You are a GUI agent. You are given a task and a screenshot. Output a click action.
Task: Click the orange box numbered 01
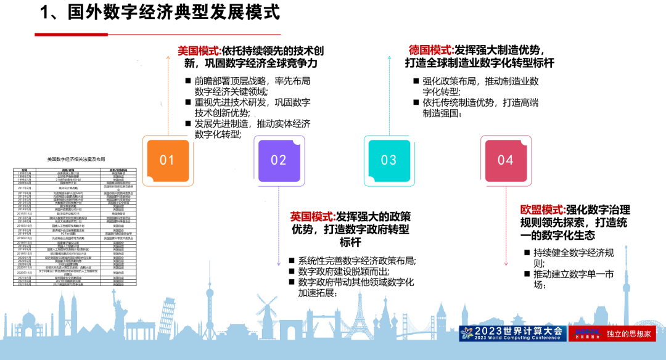[x=168, y=160]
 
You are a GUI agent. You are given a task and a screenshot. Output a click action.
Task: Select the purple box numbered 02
[x=279, y=160]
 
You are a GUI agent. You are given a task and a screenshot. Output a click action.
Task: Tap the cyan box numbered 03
[x=388, y=160]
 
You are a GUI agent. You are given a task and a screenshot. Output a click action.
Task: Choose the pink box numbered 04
[x=506, y=160]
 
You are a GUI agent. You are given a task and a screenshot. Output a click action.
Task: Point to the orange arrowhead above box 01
[x=168, y=57]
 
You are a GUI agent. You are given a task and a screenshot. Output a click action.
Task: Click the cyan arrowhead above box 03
[x=389, y=57]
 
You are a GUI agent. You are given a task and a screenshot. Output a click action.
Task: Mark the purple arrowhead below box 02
[x=279, y=264]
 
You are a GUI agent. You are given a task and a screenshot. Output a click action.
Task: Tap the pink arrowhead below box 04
[x=506, y=264]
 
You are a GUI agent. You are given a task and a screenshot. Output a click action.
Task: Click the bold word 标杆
[x=350, y=243]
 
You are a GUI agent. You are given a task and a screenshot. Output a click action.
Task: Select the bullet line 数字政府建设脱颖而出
[x=343, y=271]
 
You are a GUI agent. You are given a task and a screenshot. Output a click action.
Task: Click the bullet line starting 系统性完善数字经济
[x=356, y=261]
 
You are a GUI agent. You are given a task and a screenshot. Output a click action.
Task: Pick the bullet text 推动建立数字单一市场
[x=573, y=279]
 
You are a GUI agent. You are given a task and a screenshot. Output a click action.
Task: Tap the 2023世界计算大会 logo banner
[x=512, y=333]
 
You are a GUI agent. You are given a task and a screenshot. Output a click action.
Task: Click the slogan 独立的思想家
[x=628, y=334]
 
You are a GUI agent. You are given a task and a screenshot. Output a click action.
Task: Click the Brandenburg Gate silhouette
[x=141, y=330]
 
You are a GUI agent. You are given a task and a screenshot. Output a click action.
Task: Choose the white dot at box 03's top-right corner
[x=413, y=137]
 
